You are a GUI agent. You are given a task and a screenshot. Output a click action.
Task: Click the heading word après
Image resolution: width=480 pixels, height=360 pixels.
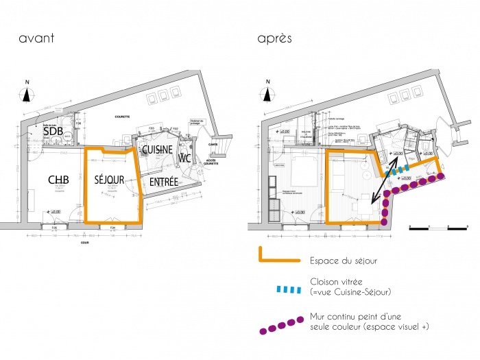click(275, 39)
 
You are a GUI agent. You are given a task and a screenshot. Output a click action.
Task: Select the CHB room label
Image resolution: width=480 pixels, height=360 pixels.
click(58, 180)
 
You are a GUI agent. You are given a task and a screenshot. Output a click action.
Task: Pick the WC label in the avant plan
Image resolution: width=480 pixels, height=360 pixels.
click(184, 158)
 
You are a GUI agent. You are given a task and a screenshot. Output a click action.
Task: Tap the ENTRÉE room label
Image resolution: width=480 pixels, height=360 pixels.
click(164, 182)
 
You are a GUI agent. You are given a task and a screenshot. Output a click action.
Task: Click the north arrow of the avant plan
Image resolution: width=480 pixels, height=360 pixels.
click(27, 94)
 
